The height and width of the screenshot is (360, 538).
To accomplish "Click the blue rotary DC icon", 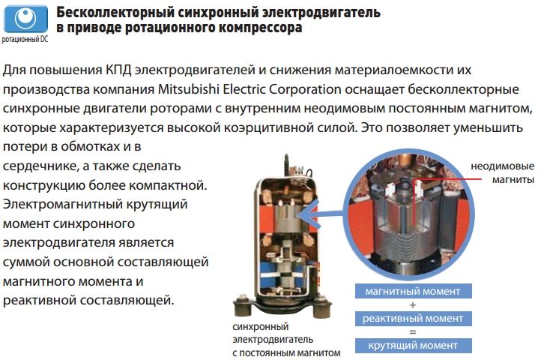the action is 25,19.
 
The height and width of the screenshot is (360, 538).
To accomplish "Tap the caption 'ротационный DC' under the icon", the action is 25,40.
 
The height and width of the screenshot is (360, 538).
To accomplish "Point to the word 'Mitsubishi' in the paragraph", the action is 188,89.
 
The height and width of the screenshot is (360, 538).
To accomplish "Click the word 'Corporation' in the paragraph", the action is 305,89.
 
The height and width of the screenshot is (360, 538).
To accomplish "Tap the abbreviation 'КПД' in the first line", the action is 118,70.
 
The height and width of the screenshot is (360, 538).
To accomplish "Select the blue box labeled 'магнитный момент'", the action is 413,291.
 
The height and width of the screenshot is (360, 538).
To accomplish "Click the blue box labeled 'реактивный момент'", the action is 413,319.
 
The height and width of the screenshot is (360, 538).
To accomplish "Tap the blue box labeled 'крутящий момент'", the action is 413,345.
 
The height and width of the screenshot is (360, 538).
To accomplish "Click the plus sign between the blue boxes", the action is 413,304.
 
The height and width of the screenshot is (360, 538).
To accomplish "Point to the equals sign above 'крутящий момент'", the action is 413,332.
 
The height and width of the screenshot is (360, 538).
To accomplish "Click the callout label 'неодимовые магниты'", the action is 502,172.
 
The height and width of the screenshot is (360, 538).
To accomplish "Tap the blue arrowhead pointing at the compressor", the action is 306,214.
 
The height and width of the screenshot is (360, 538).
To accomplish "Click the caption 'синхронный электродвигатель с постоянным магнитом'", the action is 286,340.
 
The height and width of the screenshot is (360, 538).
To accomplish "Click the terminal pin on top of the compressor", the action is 286,164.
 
